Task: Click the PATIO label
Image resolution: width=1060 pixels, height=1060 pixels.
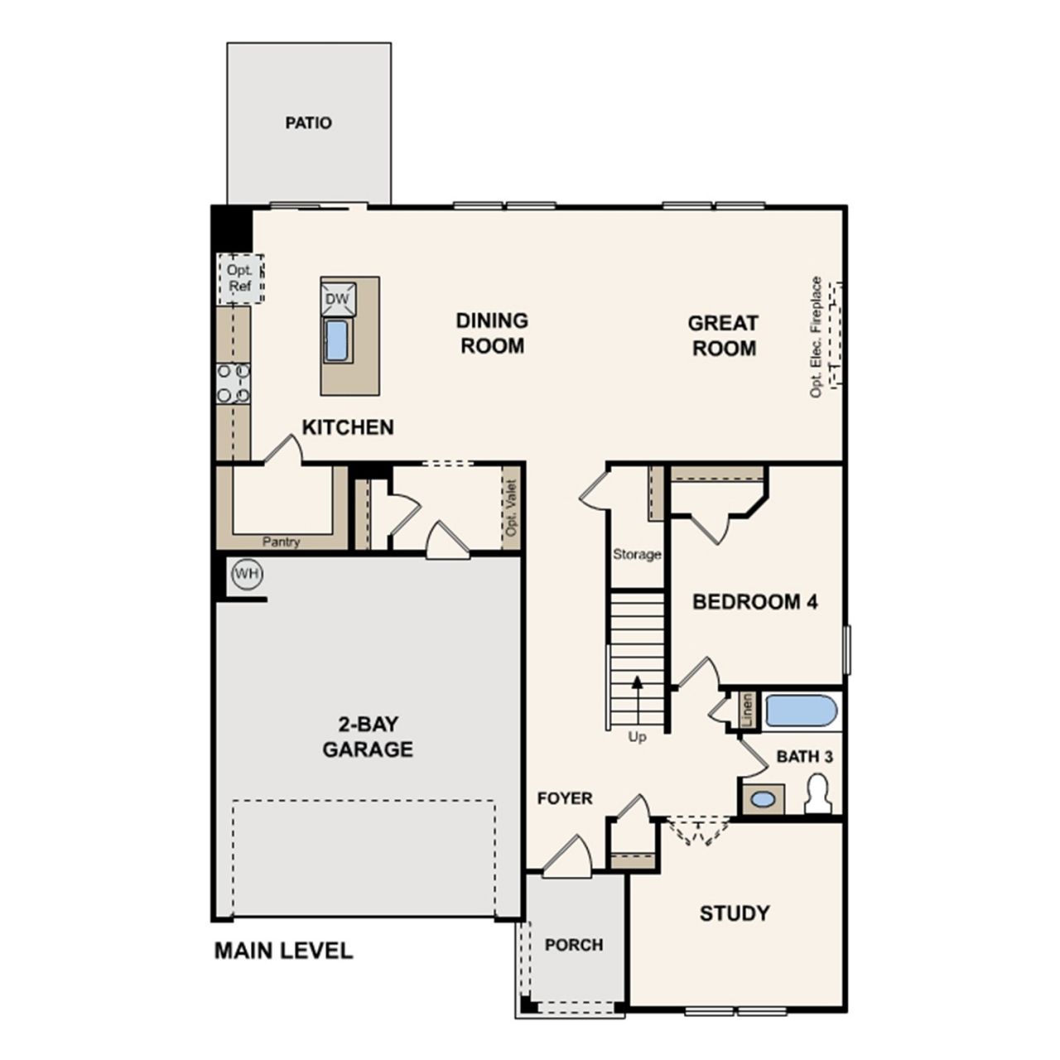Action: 308,123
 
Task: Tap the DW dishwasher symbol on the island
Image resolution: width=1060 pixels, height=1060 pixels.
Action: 338,299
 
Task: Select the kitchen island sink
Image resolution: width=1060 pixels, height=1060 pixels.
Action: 336,341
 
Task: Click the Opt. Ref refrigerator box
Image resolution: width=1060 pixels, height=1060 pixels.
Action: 240,278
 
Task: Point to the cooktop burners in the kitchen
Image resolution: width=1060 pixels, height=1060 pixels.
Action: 234,383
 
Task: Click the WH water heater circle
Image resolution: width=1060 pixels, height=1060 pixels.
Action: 248,574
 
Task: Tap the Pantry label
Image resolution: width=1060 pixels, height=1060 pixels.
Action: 281,542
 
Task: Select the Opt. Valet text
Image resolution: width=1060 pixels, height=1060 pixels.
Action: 512,508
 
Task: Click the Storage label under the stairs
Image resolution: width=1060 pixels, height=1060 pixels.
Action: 637,554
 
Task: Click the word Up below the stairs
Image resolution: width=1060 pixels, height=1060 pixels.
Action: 637,737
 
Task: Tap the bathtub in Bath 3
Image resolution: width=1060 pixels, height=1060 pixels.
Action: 801,711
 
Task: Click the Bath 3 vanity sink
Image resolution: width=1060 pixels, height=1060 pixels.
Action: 763,798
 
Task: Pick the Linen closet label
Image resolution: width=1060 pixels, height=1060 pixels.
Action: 747,711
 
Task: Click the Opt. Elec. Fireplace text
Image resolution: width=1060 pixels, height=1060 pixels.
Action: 815,337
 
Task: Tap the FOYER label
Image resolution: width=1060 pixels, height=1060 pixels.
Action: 565,797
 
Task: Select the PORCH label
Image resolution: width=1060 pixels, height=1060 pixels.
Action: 574,945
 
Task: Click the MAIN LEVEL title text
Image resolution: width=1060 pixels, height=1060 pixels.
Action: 283,951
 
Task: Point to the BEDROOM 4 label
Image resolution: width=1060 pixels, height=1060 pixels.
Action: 755,602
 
